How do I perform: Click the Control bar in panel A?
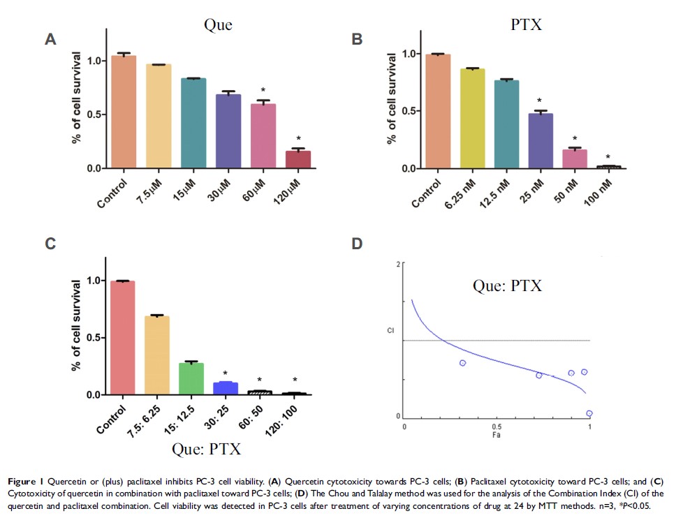click(x=123, y=112)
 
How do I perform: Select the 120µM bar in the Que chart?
click(x=298, y=160)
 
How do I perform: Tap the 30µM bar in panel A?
click(x=228, y=131)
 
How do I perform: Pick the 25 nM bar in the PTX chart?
click(x=541, y=141)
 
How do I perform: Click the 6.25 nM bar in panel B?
click(x=473, y=119)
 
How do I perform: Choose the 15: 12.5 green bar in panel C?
click(x=191, y=379)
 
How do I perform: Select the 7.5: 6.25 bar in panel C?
click(x=157, y=355)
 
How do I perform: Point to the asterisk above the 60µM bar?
click(x=263, y=91)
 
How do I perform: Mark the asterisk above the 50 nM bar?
click(x=575, y=138)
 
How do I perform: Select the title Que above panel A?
click(x=217, y=26)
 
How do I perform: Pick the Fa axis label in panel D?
click(x=497, y=435)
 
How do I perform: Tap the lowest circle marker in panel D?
click(x=589, y=413)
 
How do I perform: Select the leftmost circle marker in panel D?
click(x=462, y=363)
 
